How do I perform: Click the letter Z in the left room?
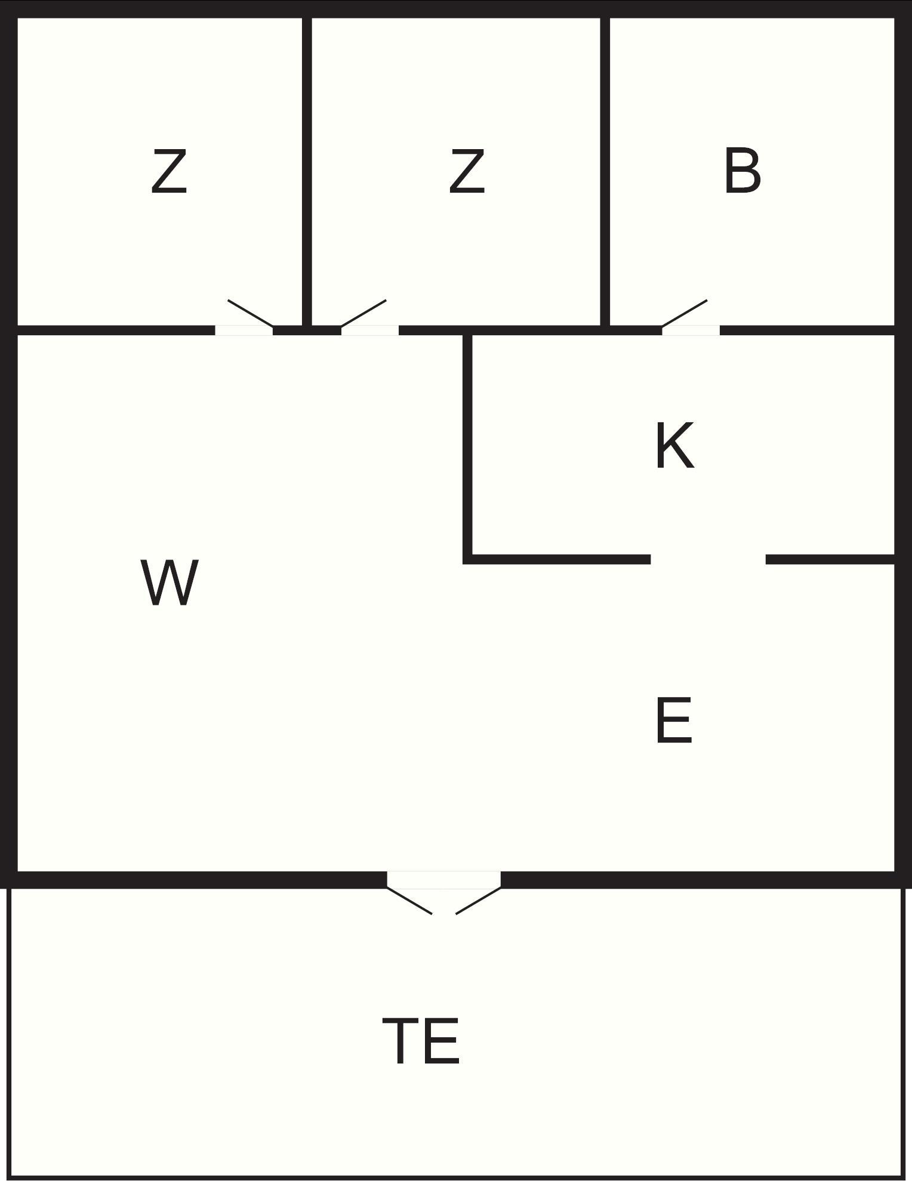pyautogui.click(x=169, y=172)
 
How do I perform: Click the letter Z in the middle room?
pyautogui.click(x=467, y=172)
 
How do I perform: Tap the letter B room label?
pyautogui.click(x=742, y=172)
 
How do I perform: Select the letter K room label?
pyautogui.click(x=674, y=446)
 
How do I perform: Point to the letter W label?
pyautogui.click(x=170, y=583)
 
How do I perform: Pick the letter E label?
pyautogui.click(x=673, y=721)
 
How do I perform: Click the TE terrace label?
pyautogui.click(x=421, y=1041)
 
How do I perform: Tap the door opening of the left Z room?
pyautogui.click(x=244, y=330)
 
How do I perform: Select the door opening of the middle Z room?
pyautogui.click(x=369, y=330)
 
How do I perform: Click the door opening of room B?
pyautogui.click(x=691, y=330)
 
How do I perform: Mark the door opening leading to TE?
pyautogui.click(x=443, y=880)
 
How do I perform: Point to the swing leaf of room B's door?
pyautogui.click(x=685, y=313)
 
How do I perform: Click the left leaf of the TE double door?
pyautogui.click(x=409, y=901)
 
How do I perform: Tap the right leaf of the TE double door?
pyautogui.click(x=478, y=901)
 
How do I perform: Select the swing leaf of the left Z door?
pyautogui.click(x=251, y=313)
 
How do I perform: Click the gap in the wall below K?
pyautogui.click(x=708, y=559)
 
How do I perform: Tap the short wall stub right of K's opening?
pyautogui.click(x=830, y=559)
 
